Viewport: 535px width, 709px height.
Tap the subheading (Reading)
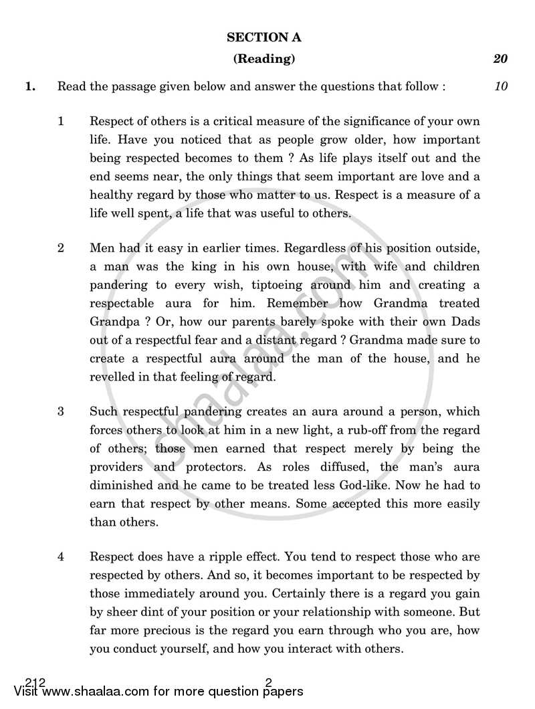[263, 59]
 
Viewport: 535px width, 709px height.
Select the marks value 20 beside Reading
[500, 59]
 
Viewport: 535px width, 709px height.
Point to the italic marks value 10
[501, 86]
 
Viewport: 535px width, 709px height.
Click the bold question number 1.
[30, 86]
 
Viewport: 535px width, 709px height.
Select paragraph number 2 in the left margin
[61, 248]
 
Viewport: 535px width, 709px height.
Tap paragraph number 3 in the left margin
[61, 411]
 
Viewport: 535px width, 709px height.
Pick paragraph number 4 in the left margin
[61, 556]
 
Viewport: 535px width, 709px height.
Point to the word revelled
[112, 377]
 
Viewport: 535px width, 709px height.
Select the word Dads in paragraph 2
[465, 322]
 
